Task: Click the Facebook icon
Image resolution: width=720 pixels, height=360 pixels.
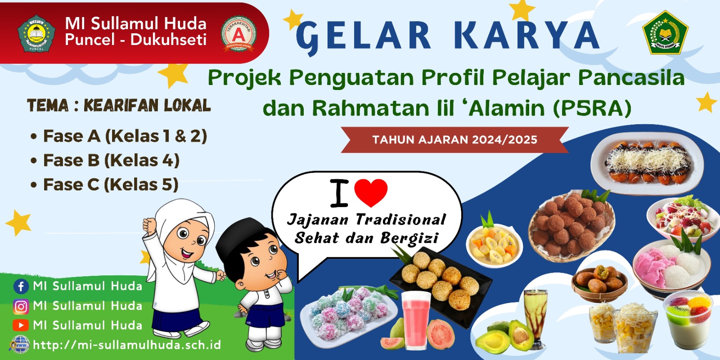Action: point(21,287)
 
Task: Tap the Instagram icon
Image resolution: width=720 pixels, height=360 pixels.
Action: point(21,306)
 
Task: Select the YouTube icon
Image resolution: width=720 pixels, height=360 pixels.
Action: point(21,325)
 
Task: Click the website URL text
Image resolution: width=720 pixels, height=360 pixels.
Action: point(127,345)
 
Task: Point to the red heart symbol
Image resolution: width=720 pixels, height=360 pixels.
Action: point(371,192)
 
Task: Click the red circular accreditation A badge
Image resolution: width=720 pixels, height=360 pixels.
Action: point(238,34)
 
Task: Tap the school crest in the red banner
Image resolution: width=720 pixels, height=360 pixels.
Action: point(36,34)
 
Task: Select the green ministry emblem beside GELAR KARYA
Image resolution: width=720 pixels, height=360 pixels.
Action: point(665,33)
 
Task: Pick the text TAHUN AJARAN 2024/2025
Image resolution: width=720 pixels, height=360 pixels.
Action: point(454,139)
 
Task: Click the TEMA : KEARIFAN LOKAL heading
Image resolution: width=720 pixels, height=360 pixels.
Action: point(119,106)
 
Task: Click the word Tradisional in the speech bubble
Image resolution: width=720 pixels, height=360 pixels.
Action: point(400,220)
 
